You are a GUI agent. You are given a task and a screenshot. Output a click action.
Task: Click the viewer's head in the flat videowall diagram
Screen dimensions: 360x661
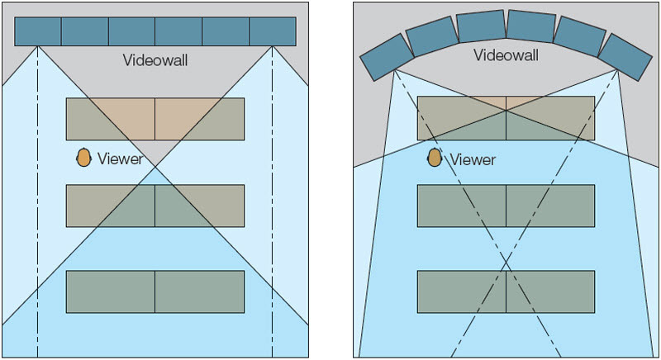pos(83,158)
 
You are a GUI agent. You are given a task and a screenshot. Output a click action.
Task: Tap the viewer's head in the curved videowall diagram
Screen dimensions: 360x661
pos(435,157)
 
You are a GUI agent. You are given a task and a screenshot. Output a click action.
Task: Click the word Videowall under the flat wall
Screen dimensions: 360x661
pos(155,59)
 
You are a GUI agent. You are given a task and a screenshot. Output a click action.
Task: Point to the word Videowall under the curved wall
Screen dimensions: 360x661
pos(506,55)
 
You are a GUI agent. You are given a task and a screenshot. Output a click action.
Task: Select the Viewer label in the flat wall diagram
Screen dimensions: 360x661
pos(121,159)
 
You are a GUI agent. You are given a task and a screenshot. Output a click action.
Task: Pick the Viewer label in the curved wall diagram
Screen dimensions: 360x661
pos(473,159)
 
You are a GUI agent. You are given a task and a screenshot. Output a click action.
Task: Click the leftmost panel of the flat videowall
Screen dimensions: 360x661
pos(38,31)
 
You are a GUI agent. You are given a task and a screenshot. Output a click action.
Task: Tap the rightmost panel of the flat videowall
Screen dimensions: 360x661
pos(273,31)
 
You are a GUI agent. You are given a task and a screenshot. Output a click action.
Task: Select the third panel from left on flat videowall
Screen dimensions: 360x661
pos(131,31)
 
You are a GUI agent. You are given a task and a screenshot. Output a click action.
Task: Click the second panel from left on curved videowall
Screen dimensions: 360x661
pos(430,36)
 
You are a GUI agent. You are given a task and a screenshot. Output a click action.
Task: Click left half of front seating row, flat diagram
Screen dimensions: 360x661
pos(111,119)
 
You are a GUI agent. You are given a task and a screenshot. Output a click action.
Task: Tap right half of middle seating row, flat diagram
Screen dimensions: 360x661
pos(199,206)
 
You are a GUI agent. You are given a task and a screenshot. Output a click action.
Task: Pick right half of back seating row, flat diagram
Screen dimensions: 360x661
pos(199,291)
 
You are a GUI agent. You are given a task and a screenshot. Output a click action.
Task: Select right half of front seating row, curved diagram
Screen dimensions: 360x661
pos(549,117)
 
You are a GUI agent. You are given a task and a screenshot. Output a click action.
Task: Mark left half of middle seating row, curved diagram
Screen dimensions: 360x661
pos(461,206)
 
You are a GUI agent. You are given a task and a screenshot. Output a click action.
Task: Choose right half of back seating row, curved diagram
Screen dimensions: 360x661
pos(549,291)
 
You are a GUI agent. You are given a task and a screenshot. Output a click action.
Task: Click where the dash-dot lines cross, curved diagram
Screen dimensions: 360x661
pos(506,266)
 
